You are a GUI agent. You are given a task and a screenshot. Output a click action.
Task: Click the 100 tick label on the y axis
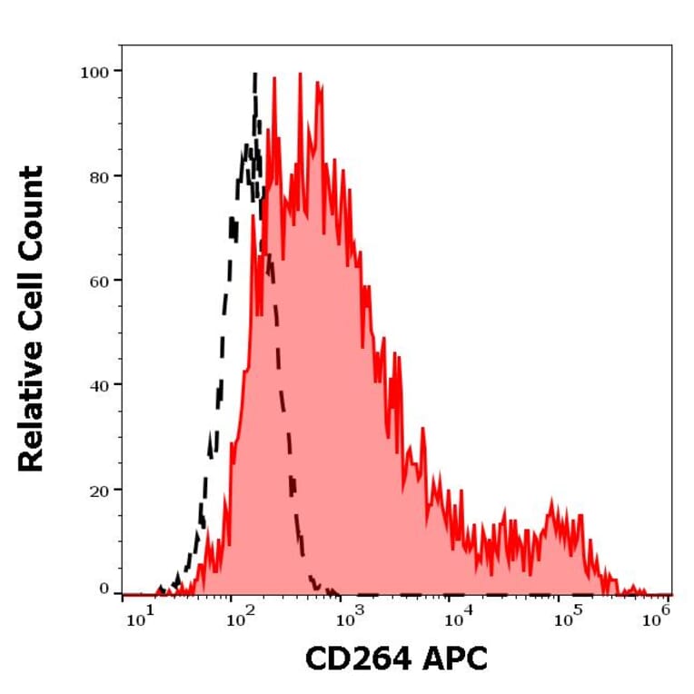click(x=94, y=72)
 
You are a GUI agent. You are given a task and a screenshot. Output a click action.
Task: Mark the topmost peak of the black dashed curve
click(x=254, y=74)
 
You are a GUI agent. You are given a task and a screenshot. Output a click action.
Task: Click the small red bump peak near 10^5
click(x=552, y=501)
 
